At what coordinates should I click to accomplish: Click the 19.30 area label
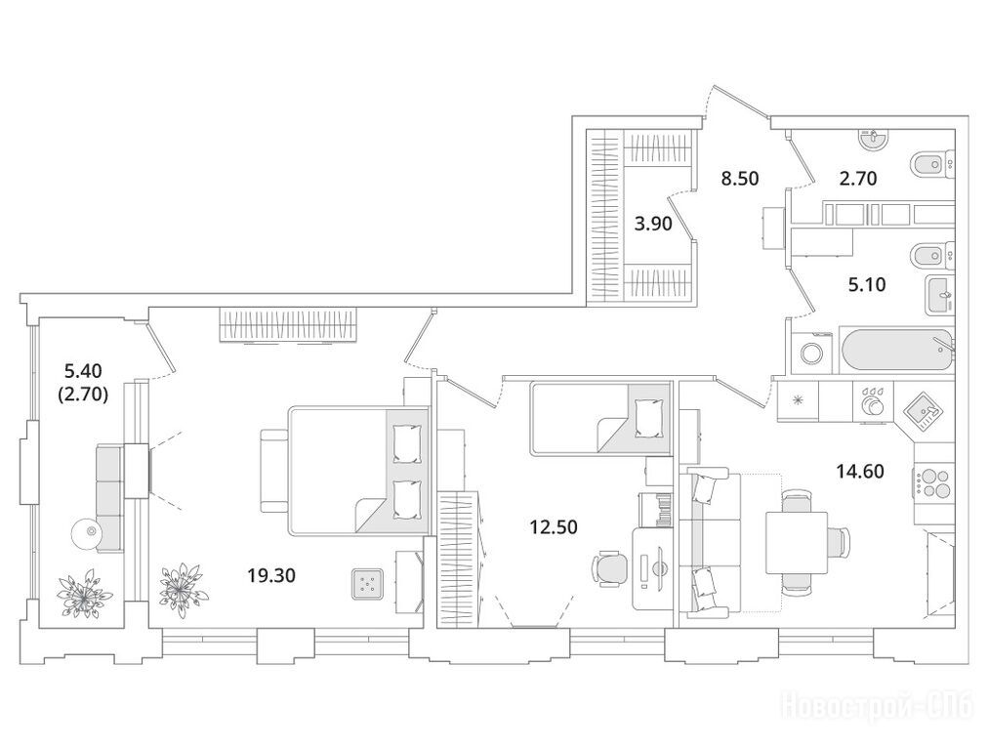pos(271,575)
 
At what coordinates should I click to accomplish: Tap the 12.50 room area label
pos(554,526)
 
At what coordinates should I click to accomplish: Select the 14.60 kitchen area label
pos(860,471)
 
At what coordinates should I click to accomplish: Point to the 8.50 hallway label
pos(740,179)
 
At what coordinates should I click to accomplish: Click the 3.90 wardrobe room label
pos(653,224)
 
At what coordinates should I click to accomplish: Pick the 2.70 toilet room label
pos(857,179)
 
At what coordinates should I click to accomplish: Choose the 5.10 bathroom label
pos(866,285)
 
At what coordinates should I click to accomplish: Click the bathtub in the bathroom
pos(897,350)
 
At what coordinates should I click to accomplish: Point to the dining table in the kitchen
pos(797,543)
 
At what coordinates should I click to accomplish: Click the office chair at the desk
pos(609,568)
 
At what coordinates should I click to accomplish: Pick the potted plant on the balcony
pos(85,593)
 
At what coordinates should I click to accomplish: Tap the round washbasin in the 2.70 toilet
pos(874,139)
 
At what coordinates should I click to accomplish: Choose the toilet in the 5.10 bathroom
pos(933,255)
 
